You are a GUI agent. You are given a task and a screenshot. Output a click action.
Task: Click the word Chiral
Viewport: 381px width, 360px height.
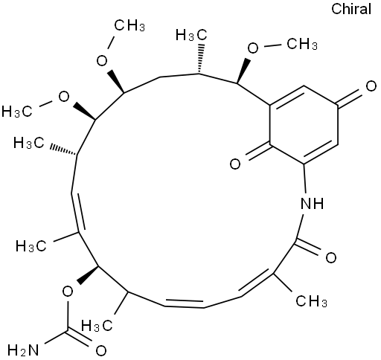tap(351, 9)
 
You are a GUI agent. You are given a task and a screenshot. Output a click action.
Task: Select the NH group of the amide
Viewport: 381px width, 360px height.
tap(312, 204)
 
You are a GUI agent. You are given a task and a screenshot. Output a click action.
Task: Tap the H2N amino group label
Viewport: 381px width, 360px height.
tap(23, 350)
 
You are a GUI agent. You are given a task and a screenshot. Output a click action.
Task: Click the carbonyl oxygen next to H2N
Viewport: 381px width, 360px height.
tap(101, 350)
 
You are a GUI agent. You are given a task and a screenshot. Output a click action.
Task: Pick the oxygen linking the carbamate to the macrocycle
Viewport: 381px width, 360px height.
tap(68, 292)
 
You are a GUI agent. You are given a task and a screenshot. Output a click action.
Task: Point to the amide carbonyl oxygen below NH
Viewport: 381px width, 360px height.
tap(331, 257)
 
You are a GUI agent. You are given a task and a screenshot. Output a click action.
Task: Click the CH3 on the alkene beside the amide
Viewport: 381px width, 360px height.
tap(311, 301)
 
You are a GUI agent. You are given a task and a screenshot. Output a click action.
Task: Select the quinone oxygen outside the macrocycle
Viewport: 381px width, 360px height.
tap(371, 87)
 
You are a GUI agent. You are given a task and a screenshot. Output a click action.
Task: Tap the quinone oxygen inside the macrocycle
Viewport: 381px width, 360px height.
tap(235, 164)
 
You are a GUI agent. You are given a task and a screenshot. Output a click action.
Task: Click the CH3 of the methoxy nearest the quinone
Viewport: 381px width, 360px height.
tap(302, 44)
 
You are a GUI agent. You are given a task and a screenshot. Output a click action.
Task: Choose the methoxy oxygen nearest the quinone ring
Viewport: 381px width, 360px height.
tap(253, 48)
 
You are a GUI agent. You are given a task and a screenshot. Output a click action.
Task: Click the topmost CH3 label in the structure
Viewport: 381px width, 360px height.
tap(129, 25)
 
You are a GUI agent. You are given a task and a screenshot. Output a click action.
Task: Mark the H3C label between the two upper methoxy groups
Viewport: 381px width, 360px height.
tap(191, 35)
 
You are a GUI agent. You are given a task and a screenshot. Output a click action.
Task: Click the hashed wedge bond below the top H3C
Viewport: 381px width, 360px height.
tap(200, 59)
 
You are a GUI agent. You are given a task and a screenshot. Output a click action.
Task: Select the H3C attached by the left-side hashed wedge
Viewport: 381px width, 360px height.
tap(29, 143)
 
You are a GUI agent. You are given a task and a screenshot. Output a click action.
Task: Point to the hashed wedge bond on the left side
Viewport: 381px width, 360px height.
tap(63, 152)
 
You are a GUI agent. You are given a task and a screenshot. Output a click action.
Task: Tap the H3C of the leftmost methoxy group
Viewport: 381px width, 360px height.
tap(17, 111)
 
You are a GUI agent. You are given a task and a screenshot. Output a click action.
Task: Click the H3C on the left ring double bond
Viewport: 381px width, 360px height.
tap(31, 246)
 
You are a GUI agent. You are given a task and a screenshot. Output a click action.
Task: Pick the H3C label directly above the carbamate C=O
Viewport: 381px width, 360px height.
tap(97, 325)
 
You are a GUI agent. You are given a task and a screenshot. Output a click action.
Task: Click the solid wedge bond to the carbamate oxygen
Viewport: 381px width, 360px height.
tap(88, 275)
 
